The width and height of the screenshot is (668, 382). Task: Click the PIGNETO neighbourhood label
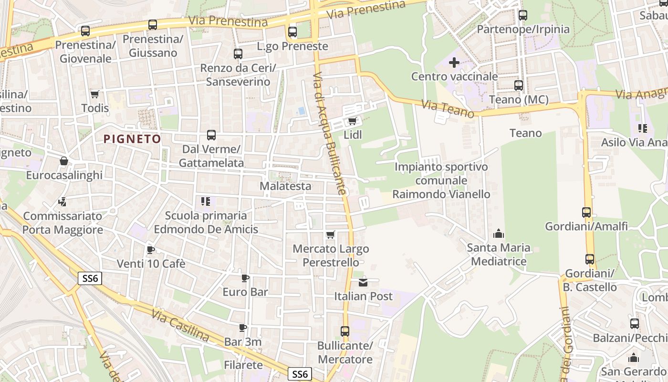pos(132,139)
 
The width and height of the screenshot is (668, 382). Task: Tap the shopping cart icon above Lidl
pos(353,121)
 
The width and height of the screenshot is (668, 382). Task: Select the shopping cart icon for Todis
pos(95,94)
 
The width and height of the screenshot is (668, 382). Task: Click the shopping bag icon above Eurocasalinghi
pos(64,161)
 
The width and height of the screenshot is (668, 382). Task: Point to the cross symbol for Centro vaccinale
pos(454,62)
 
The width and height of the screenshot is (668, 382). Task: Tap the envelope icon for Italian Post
pos(363,282)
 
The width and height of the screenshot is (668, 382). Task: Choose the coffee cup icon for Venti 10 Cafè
pos(151,250)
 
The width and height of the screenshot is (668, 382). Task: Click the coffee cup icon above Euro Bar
pos(245,278)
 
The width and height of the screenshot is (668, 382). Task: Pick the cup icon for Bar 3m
pos(243,328)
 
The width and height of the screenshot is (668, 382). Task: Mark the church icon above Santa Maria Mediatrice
pos(499,233)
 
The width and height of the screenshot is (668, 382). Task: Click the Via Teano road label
pos(448,108)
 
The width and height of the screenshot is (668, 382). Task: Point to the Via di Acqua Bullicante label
pos(329,134)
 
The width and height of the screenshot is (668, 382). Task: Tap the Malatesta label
pos(285,186)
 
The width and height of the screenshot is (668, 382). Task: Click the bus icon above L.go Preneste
pos(292,32)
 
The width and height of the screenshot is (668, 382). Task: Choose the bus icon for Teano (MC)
pos(519,85)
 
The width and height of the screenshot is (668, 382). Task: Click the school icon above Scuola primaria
pos(206,202)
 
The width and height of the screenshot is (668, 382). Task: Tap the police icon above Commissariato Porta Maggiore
pos(63,202)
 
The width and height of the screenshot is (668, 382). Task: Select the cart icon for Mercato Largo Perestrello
pos(330,234)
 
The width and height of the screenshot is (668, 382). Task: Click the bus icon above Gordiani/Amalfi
pos(586,212)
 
